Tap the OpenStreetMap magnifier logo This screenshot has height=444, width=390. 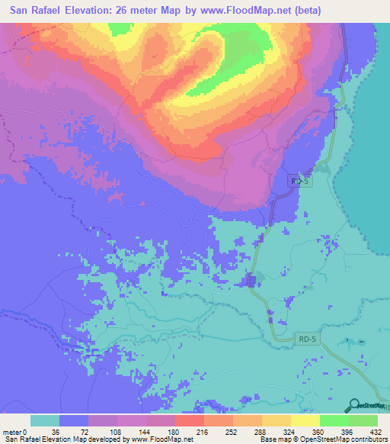click(x=354, y=406)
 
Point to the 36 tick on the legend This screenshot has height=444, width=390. click(x=59, y=432)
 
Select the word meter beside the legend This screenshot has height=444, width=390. click(x=11, y=432)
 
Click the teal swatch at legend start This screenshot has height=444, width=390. click(x=45, y=420)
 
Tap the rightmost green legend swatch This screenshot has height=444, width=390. click(x=363, y=420)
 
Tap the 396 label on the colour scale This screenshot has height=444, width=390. click(x=348, y=432)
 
